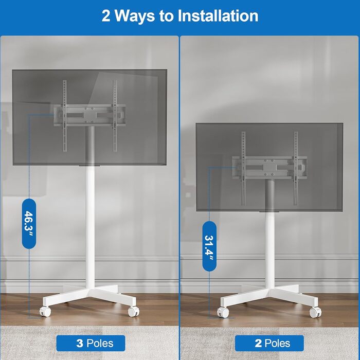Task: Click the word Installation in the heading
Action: [x=218, y=15]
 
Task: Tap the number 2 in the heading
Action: [x=106, y=16]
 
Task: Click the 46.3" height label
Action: [x=29, y=223]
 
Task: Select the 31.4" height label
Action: [x=209, y=246]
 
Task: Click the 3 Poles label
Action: [x=91, y=343]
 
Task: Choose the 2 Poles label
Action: [x=269, y=343]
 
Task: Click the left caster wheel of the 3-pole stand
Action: [x=45, y=311]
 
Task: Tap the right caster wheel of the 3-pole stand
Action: [x=133, y=311]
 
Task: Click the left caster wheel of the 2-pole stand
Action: [x=223, y=312]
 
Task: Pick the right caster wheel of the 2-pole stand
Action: [x=315, y=313]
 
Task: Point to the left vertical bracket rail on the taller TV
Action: [x=65, y=116]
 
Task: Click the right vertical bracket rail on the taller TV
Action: [x=115, y=116]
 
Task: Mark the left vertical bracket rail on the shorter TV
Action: [x=244, y=168]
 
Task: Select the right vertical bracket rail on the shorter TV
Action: [x=296, y=168]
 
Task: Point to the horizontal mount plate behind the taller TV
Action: [x=89, y=115]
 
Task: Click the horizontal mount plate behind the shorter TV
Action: [x=269, y=168]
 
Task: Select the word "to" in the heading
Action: [x=167, y=16]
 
